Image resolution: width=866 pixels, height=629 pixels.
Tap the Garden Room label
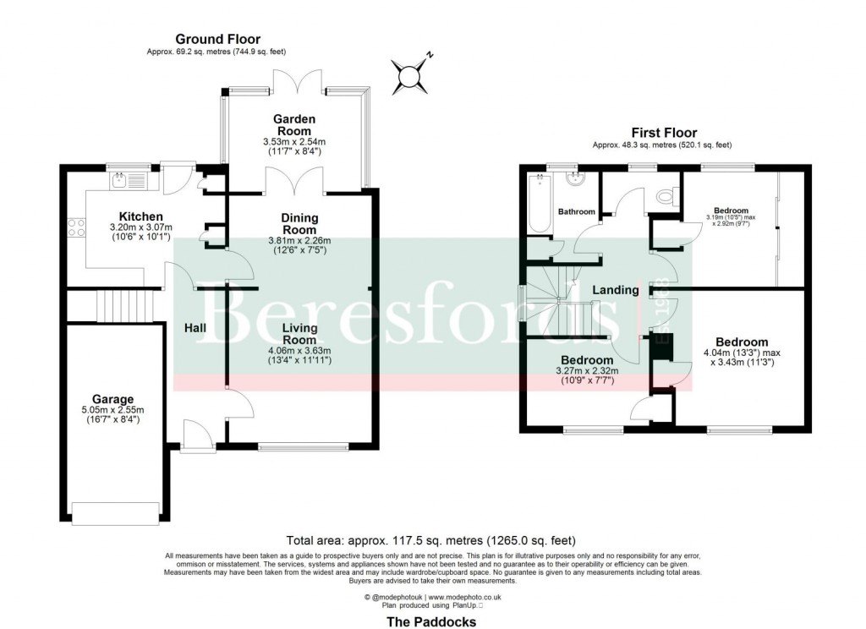click(x=293, y=125)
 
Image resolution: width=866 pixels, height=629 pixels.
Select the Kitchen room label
click(x=140, y=216)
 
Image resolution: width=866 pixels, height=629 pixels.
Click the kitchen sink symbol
click(x=121, y=179)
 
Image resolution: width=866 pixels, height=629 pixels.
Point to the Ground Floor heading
click(x=217, y=39)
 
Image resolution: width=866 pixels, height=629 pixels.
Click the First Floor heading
click(x=664, y=133)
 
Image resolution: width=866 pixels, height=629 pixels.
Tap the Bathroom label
click(x=576, y=211)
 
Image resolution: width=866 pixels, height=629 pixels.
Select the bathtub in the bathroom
click(x=536, y=203)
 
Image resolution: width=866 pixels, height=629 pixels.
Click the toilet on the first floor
click(x=666, y=197)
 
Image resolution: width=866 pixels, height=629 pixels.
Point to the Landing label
click(x=615, y=290)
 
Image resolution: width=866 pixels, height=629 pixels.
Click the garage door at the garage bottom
click(x=115, y=512)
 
